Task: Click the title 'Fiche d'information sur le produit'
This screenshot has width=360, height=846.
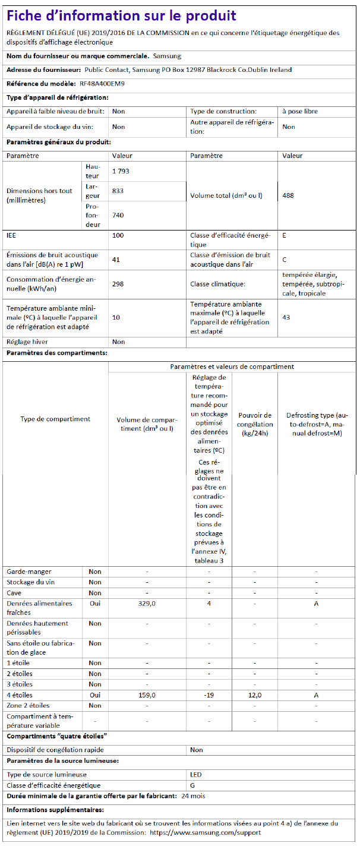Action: [121, 16]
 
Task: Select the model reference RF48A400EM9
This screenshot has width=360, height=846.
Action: [102, 84]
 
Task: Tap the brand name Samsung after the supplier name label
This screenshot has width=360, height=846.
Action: [167, 56]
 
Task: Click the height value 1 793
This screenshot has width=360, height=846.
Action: [121, 171]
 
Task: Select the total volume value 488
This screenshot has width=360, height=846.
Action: [288, 195]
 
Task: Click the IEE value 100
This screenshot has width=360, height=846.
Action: [117, 236]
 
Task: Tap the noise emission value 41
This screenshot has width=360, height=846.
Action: [116, 260]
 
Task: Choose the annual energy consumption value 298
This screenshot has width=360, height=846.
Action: [118, 284]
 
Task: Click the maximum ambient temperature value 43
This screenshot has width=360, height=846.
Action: [286, 317]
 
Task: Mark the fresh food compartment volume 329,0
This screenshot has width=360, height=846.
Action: [147, 604]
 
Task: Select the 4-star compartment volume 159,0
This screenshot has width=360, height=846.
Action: [147, 695]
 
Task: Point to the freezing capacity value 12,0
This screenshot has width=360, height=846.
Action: [255, 695]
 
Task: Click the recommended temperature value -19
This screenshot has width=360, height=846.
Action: [209, 695]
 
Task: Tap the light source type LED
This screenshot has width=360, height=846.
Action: [196, 775]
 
